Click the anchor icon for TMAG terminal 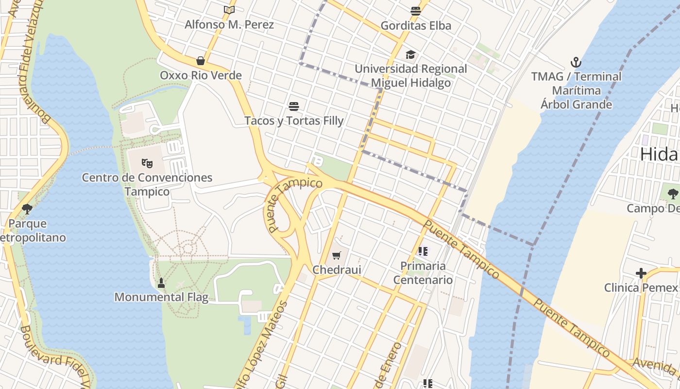pyautogui.click(x=576, y=62)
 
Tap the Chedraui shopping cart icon pyautogui.click(x=337, y=255)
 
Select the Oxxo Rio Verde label pyautogui.click(x=201, y=75)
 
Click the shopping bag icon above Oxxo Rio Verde pyautogui.click(x=200, y=61)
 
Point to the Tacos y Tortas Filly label pyautogui.click(x=294, y=121)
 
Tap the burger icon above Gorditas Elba pyautogui.click(x=415, y=11)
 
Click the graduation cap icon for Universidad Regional pyautogui.click(x=411, y=54)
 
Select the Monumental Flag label pyautogui.click(x=161, y=297)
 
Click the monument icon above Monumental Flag pyautogui.click(x=161, y=283)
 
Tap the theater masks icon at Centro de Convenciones pyautogui.click(x=147, y=163)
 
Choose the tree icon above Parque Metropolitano pyautogui.click(x=27, y=209)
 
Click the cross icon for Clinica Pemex pyautogui.click(x=641, y=273)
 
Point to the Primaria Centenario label pyautogui.click(x=423, y=273)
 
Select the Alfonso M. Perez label pyautogui.click(x=229, y=24)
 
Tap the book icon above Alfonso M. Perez pyautogui.click(x=229, y=10)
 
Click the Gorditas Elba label pyautogui.click(x=416, y=25)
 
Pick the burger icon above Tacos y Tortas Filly pyautogui.click(x=293, y=106)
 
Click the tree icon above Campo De pyautogui.click(x=673, y=194)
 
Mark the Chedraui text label pyautogui.click(x=337, y=270)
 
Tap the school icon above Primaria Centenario pyautogui.click(x=423, y=251)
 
